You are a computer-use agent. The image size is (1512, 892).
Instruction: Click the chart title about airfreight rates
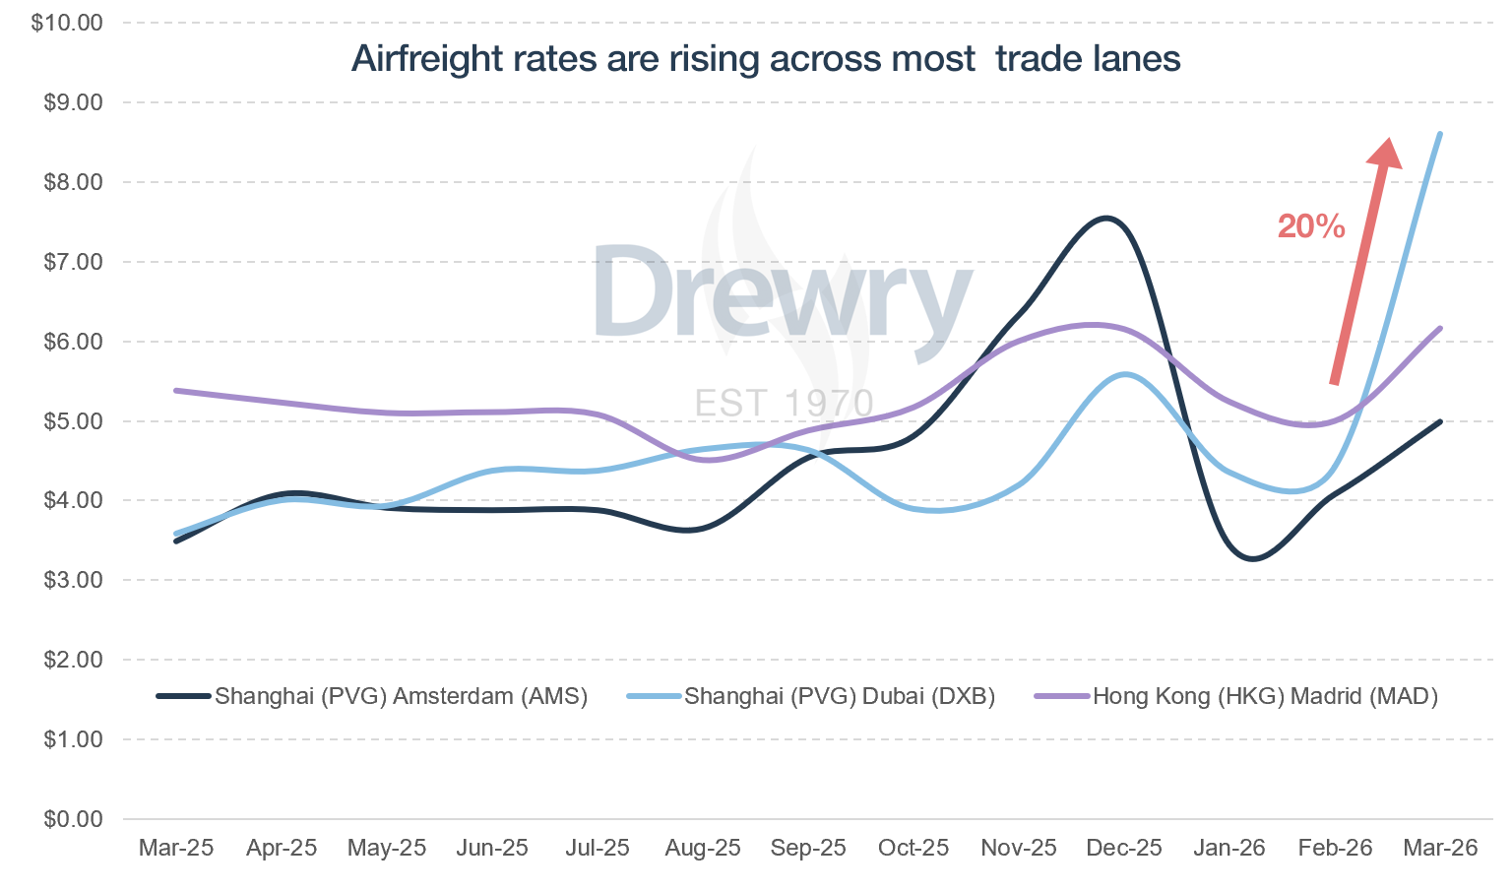click(x=766, y=59)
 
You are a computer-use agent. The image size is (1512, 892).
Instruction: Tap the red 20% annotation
click(x=1310, y=226)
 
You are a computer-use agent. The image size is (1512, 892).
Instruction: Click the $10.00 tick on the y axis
click(x=67, y=23)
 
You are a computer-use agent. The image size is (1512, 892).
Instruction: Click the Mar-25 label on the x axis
click(x=176, y=848)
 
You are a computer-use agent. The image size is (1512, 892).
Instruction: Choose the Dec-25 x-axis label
click(x=1123, y=848)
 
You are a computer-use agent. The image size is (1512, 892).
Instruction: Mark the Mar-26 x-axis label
click(x=1440, y=848)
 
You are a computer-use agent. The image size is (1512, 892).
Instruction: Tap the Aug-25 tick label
click(x=703, y=848)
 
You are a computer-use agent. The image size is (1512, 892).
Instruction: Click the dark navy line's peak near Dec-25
click(x=1106, y=219)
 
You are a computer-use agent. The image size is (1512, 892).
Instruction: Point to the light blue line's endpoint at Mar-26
click(x=1440, y=134)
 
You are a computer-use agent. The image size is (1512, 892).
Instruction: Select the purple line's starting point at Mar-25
click(x=176, y=391)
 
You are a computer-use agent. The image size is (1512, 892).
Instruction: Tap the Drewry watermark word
click(x=783, y=293)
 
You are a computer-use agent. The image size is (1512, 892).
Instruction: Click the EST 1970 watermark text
click(x=784, y=404)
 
